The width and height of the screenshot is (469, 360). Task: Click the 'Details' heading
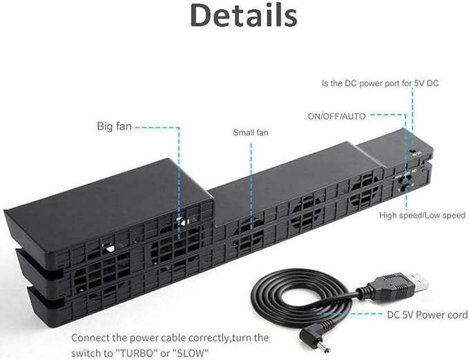tap(243, 15)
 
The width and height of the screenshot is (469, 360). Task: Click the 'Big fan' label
tap(114, 126)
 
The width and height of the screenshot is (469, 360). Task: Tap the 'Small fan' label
tap(251, 133)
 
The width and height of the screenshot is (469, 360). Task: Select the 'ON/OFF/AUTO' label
tap(336, 116)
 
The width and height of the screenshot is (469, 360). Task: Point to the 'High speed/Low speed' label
tap(422, 215)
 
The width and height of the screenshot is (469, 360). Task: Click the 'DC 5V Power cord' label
tap(427, 315)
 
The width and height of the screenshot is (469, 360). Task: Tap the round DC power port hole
tap(414, 151)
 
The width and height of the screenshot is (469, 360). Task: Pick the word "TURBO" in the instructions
tap(138, 353)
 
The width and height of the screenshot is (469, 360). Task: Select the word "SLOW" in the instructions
tap(191, 353)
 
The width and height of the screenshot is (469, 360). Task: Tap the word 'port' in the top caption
tap(390, 83)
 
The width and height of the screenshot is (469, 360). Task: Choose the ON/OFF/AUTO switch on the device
tap(405, 180)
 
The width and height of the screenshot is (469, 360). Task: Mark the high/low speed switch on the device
tap(405, 189)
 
